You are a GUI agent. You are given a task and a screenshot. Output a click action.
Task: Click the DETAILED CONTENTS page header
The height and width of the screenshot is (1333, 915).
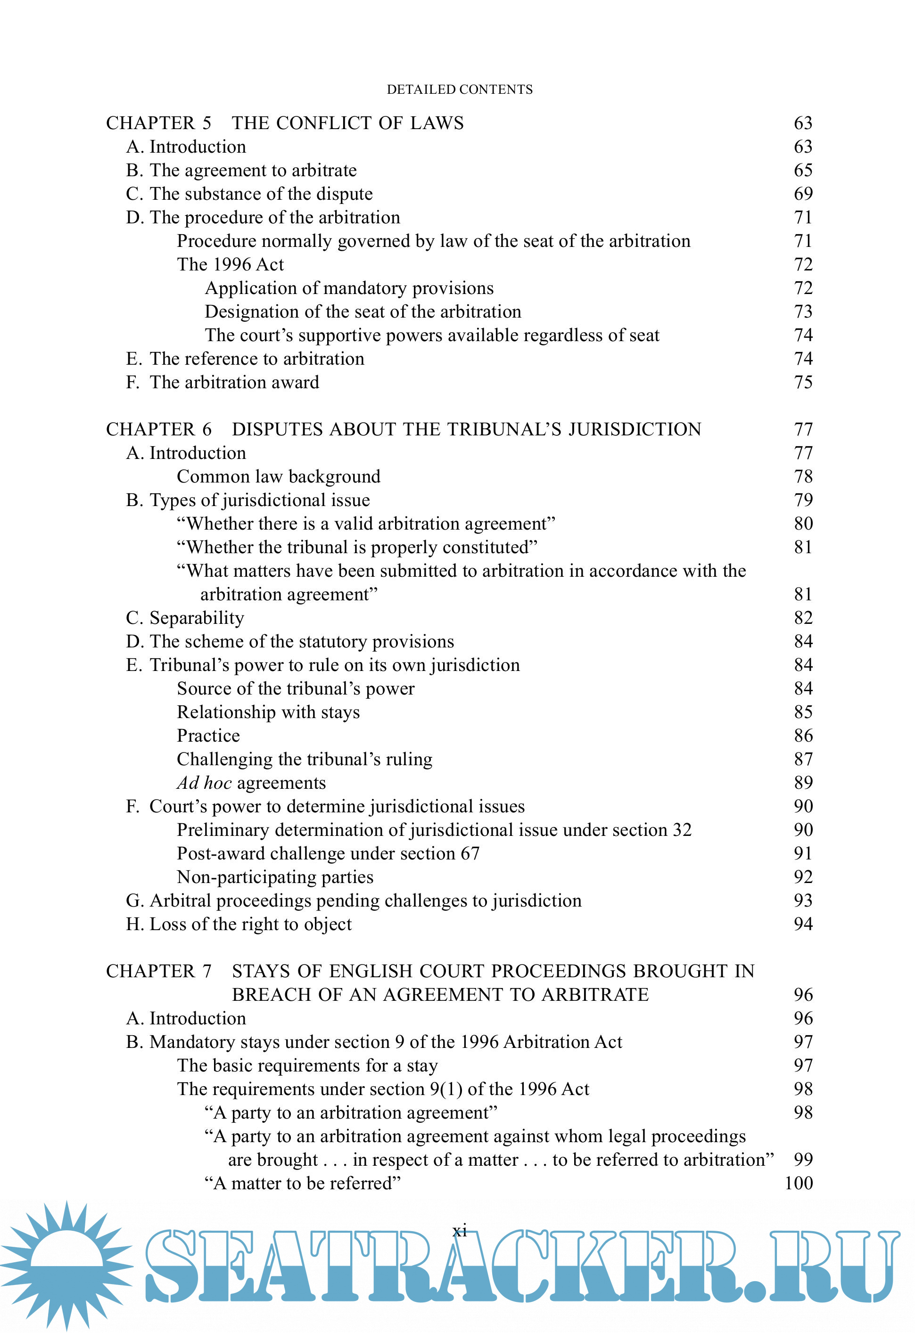coord(460,90)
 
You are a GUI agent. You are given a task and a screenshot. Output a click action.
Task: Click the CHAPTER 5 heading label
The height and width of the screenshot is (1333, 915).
coord(158,123)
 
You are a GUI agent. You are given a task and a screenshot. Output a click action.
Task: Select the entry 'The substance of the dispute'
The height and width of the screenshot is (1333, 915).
coord(261,194)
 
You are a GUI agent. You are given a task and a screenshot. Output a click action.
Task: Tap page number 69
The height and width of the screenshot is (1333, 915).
coord(802,194)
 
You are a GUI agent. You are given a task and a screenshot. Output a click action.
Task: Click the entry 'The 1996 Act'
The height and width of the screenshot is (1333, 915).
coord(230,264)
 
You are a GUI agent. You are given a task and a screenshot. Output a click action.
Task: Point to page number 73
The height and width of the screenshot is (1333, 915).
coord(802,311)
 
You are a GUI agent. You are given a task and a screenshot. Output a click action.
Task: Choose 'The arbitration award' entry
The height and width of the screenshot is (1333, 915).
coord(234,382)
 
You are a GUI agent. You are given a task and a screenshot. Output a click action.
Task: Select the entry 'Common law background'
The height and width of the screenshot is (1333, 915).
coord(278,477)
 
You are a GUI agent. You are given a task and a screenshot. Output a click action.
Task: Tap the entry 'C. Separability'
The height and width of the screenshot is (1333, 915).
coord(185,618)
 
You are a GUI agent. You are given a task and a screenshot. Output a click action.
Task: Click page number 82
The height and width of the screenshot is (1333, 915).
coord(802,618)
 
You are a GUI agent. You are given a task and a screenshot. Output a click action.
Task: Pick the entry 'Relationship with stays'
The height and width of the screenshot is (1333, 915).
coord(268,712)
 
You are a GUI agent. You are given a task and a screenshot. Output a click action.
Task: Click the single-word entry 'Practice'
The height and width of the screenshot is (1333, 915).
coord(208,736)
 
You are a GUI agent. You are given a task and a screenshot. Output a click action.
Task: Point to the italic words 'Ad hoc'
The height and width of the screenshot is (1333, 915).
coord(204,783)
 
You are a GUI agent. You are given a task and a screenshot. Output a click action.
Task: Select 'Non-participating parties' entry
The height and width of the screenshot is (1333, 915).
coord(275,877)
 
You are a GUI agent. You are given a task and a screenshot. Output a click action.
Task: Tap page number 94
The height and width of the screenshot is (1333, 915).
coord(802,924)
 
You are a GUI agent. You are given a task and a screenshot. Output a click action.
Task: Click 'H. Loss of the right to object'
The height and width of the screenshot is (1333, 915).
coord(239,924)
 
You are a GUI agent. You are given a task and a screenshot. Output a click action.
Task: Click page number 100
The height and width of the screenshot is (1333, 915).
coord(798,1183)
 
